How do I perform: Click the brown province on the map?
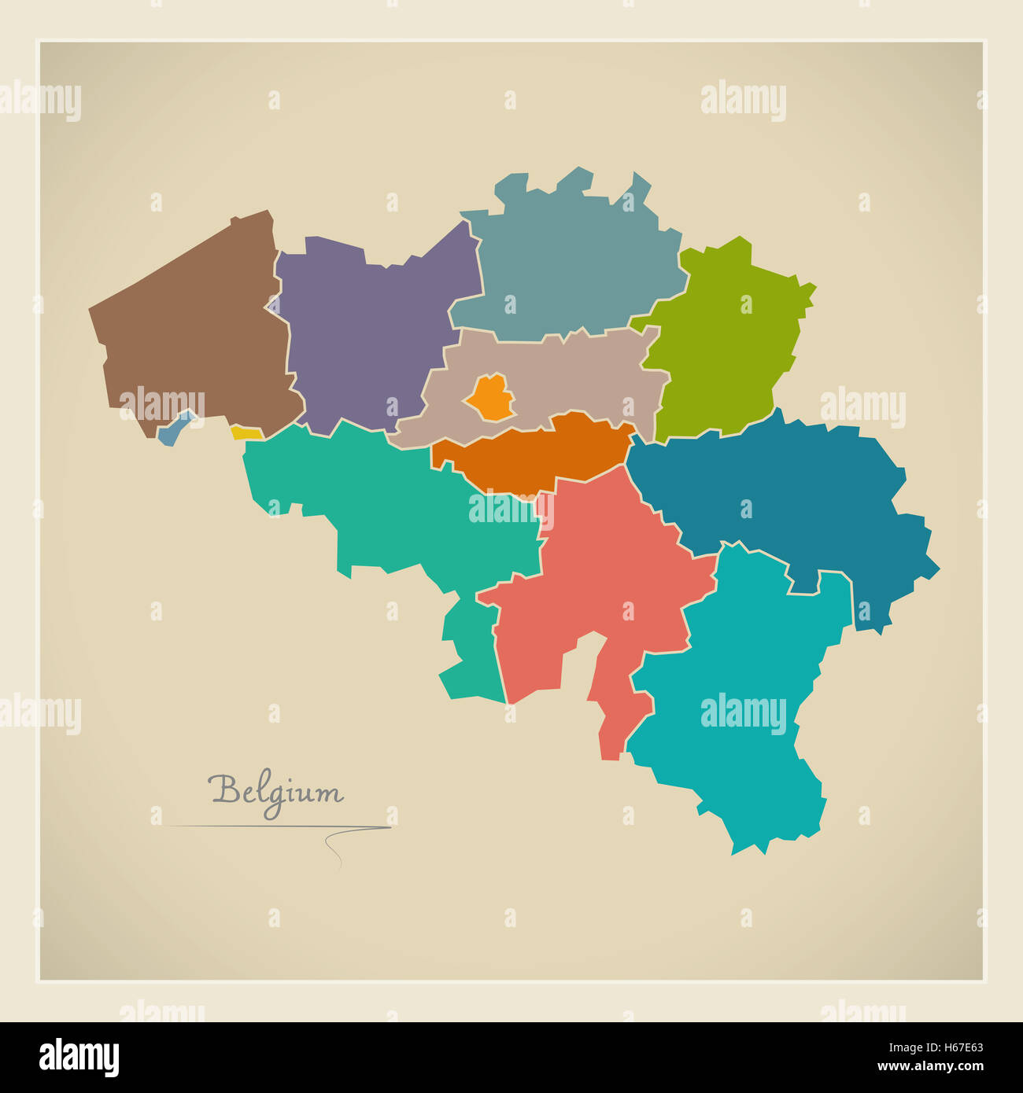[x=197, y=330]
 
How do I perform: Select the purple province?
[x=362, y=330]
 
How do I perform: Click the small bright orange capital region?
[x=489, y=397]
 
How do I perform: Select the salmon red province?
[x=606, y=582]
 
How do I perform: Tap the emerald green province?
[x=393, y=503]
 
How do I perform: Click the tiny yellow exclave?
[x=246, y=433]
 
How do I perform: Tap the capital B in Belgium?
[x=224, y=789]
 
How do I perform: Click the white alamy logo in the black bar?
[x=79, y=1057]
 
